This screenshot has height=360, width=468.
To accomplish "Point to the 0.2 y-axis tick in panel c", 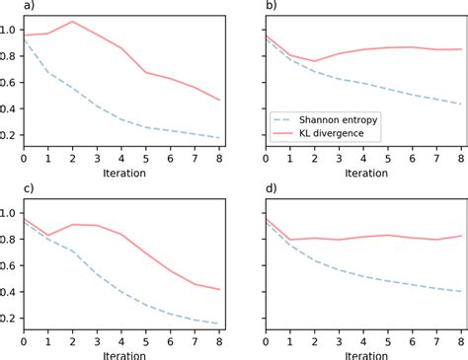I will (9, 318).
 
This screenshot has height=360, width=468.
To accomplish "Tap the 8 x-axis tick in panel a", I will (219, 158).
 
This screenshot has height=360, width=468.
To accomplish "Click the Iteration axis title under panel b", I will (361, 172).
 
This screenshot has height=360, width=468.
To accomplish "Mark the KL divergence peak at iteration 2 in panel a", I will (73, 22).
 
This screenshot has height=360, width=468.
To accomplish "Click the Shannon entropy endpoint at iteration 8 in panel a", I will (219, 138).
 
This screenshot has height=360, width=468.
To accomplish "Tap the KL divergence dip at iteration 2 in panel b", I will (313, 61).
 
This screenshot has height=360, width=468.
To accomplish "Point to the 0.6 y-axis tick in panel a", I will (9, 83).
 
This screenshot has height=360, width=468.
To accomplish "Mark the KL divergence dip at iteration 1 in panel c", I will (48, 236).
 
